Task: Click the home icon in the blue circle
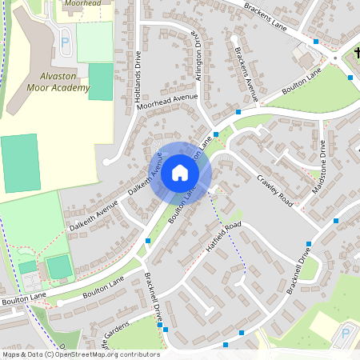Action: coord(180,172)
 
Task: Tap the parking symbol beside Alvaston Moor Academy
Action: coord(65,41)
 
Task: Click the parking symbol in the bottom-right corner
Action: coord(346,333)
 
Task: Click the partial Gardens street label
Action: coord(110,336)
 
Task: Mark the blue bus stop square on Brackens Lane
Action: coord(316,41)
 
